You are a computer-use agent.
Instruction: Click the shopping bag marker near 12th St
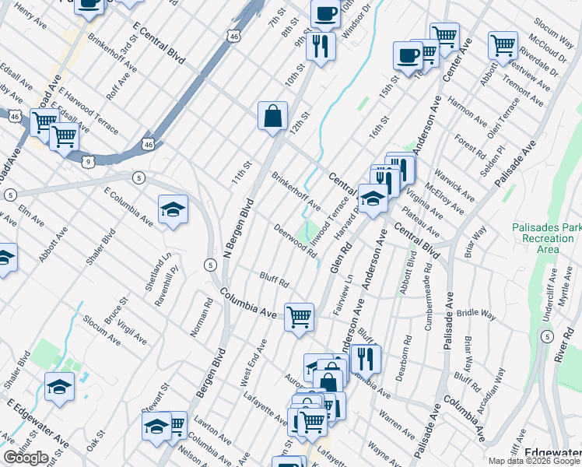click(273, 118)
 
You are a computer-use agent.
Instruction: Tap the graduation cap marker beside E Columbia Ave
click(173, 210)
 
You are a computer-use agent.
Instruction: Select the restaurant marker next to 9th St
click(320, 47)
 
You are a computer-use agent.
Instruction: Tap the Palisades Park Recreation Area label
click(547, 238)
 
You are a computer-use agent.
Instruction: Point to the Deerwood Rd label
click(296, 241)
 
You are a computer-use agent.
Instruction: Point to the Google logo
click(26, 458)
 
